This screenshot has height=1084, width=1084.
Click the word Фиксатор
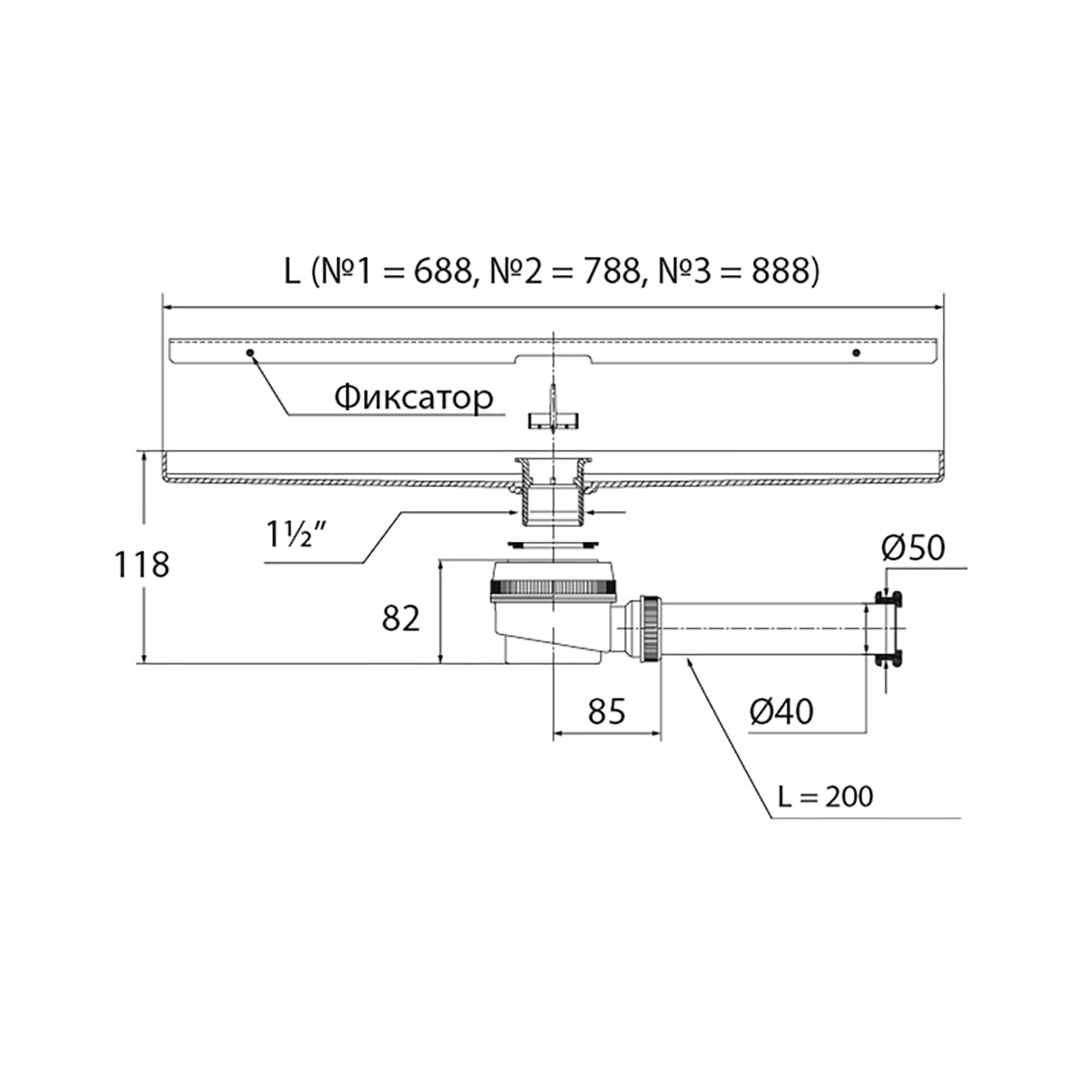[x=414, y=398]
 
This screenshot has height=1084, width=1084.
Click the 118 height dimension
[x=141, y=565]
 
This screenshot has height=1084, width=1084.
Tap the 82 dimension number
[x=400, y=619]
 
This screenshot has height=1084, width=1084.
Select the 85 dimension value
[x=606, y=711]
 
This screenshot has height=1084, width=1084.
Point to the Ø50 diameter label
[x=913, y=547]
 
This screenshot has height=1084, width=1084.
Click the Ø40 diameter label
[x=781, y=712]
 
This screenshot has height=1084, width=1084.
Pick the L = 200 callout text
[x=826, y=796]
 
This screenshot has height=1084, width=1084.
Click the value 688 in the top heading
[x=442, y=272]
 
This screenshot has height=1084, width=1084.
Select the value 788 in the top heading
[x=612, y=272]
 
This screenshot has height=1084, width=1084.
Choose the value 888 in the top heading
[x=781, y=272]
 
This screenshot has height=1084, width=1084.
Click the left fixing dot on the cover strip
[x=250, y=352]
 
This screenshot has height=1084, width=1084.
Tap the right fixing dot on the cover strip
[x=856, y=352]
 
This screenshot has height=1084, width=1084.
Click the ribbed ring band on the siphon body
[x=554, y=588]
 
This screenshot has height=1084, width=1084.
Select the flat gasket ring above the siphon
[x=554, y=544]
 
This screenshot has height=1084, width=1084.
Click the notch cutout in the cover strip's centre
[x=554, y=359]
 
